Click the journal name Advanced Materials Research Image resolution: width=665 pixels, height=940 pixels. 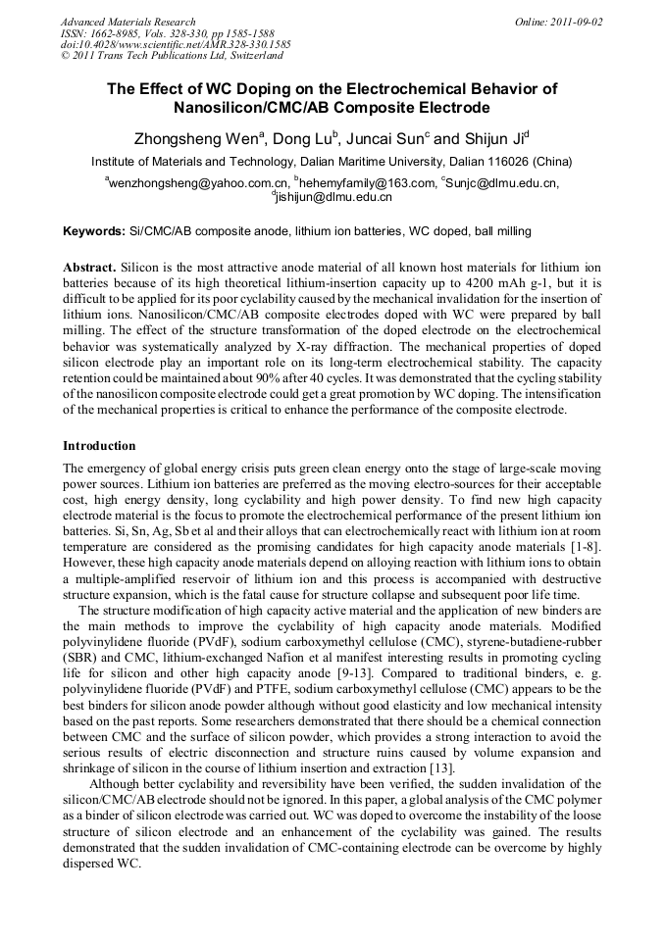click(128, 22)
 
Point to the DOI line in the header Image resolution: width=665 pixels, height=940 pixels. click(175, 44)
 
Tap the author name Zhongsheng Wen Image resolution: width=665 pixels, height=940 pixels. click(182, 138)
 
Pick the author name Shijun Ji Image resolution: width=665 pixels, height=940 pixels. click(501, 138)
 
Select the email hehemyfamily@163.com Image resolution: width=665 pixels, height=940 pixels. click(367, 183)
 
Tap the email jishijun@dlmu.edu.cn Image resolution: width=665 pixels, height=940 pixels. click(333, 197)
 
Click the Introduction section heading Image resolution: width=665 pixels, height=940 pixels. click(99, 446)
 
